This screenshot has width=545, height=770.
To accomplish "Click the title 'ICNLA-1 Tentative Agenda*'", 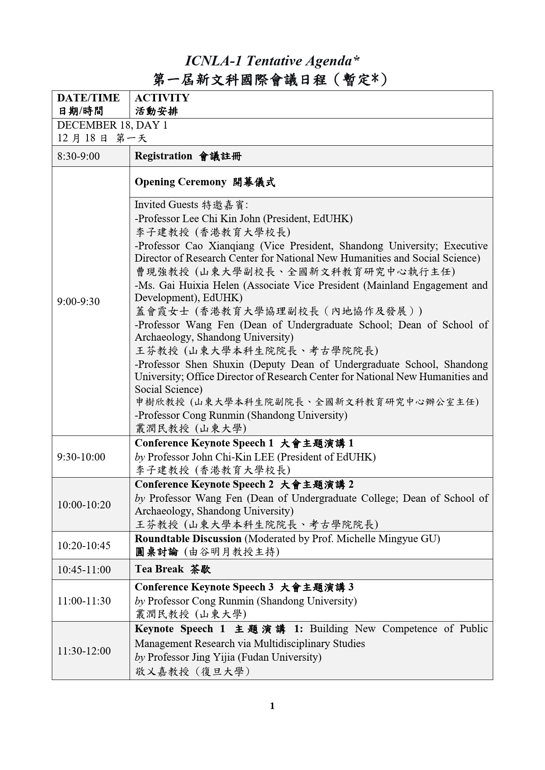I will pyautogui.click(x=272, y=61).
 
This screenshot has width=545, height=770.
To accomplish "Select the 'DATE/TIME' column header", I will pyautogui.click(x=88, y=98).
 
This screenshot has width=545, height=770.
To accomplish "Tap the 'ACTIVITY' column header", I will pyautogui.click(x=162, y=98).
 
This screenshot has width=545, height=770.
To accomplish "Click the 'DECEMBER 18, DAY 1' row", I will pyautogui.click(x=112, y=125).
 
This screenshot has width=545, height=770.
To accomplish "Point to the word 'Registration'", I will pyautogui.click(x=163, y=156).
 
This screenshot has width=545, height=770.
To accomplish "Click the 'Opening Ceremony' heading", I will pyautogui.click(x=180, y=182).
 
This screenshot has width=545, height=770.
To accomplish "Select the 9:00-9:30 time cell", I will pyautogui.click(x=79, y=302).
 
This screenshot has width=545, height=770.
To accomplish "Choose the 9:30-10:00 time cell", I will pyautogui.click(x=81, y=457).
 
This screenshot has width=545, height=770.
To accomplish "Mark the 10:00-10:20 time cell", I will pyautogui.click(x=84, y=505).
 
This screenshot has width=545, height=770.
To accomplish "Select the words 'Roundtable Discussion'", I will pyautogui.click(x=188, y=539).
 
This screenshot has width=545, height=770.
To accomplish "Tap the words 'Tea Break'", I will pyautogui.click(x=159, y=569).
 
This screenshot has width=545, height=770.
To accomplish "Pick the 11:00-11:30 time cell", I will pyautogui.click(x=84, y=601).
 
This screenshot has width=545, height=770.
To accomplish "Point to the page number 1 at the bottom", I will pyautogui.click(x=272, y=706).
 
